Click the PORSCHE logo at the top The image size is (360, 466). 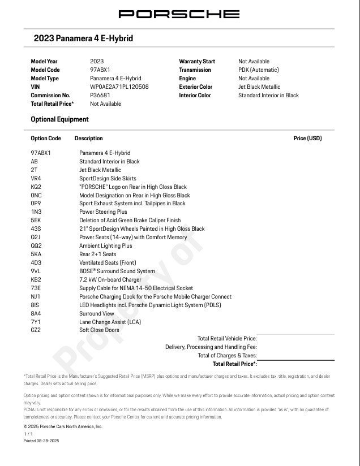(x=179, y=14)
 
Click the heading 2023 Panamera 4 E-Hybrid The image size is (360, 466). (x=83, y=38)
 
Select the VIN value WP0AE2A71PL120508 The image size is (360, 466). (x=119, y=87)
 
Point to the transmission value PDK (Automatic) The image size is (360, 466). (x=258, y=70)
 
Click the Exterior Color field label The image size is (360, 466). (x=195, y=87)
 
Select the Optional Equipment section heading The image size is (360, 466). (x=59, y=119)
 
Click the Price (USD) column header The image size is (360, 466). (x=307, y=139)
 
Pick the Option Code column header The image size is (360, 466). (x=45, y=139)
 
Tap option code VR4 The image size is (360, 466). (x=36, y=179)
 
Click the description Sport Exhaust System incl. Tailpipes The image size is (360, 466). (x=132, y=204)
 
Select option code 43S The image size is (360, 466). (x=36, y=229)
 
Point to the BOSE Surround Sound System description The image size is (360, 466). (x=117, y=271)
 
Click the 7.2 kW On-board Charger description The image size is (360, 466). (x=111, y=280)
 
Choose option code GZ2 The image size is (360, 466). (x=36, y=330)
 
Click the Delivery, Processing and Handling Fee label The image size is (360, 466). (x=211, y=347)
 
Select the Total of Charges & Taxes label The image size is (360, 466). (x=227, y=355)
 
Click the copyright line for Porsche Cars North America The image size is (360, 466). (x=63, y=426)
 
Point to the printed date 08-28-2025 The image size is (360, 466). (x=41, y=441)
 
